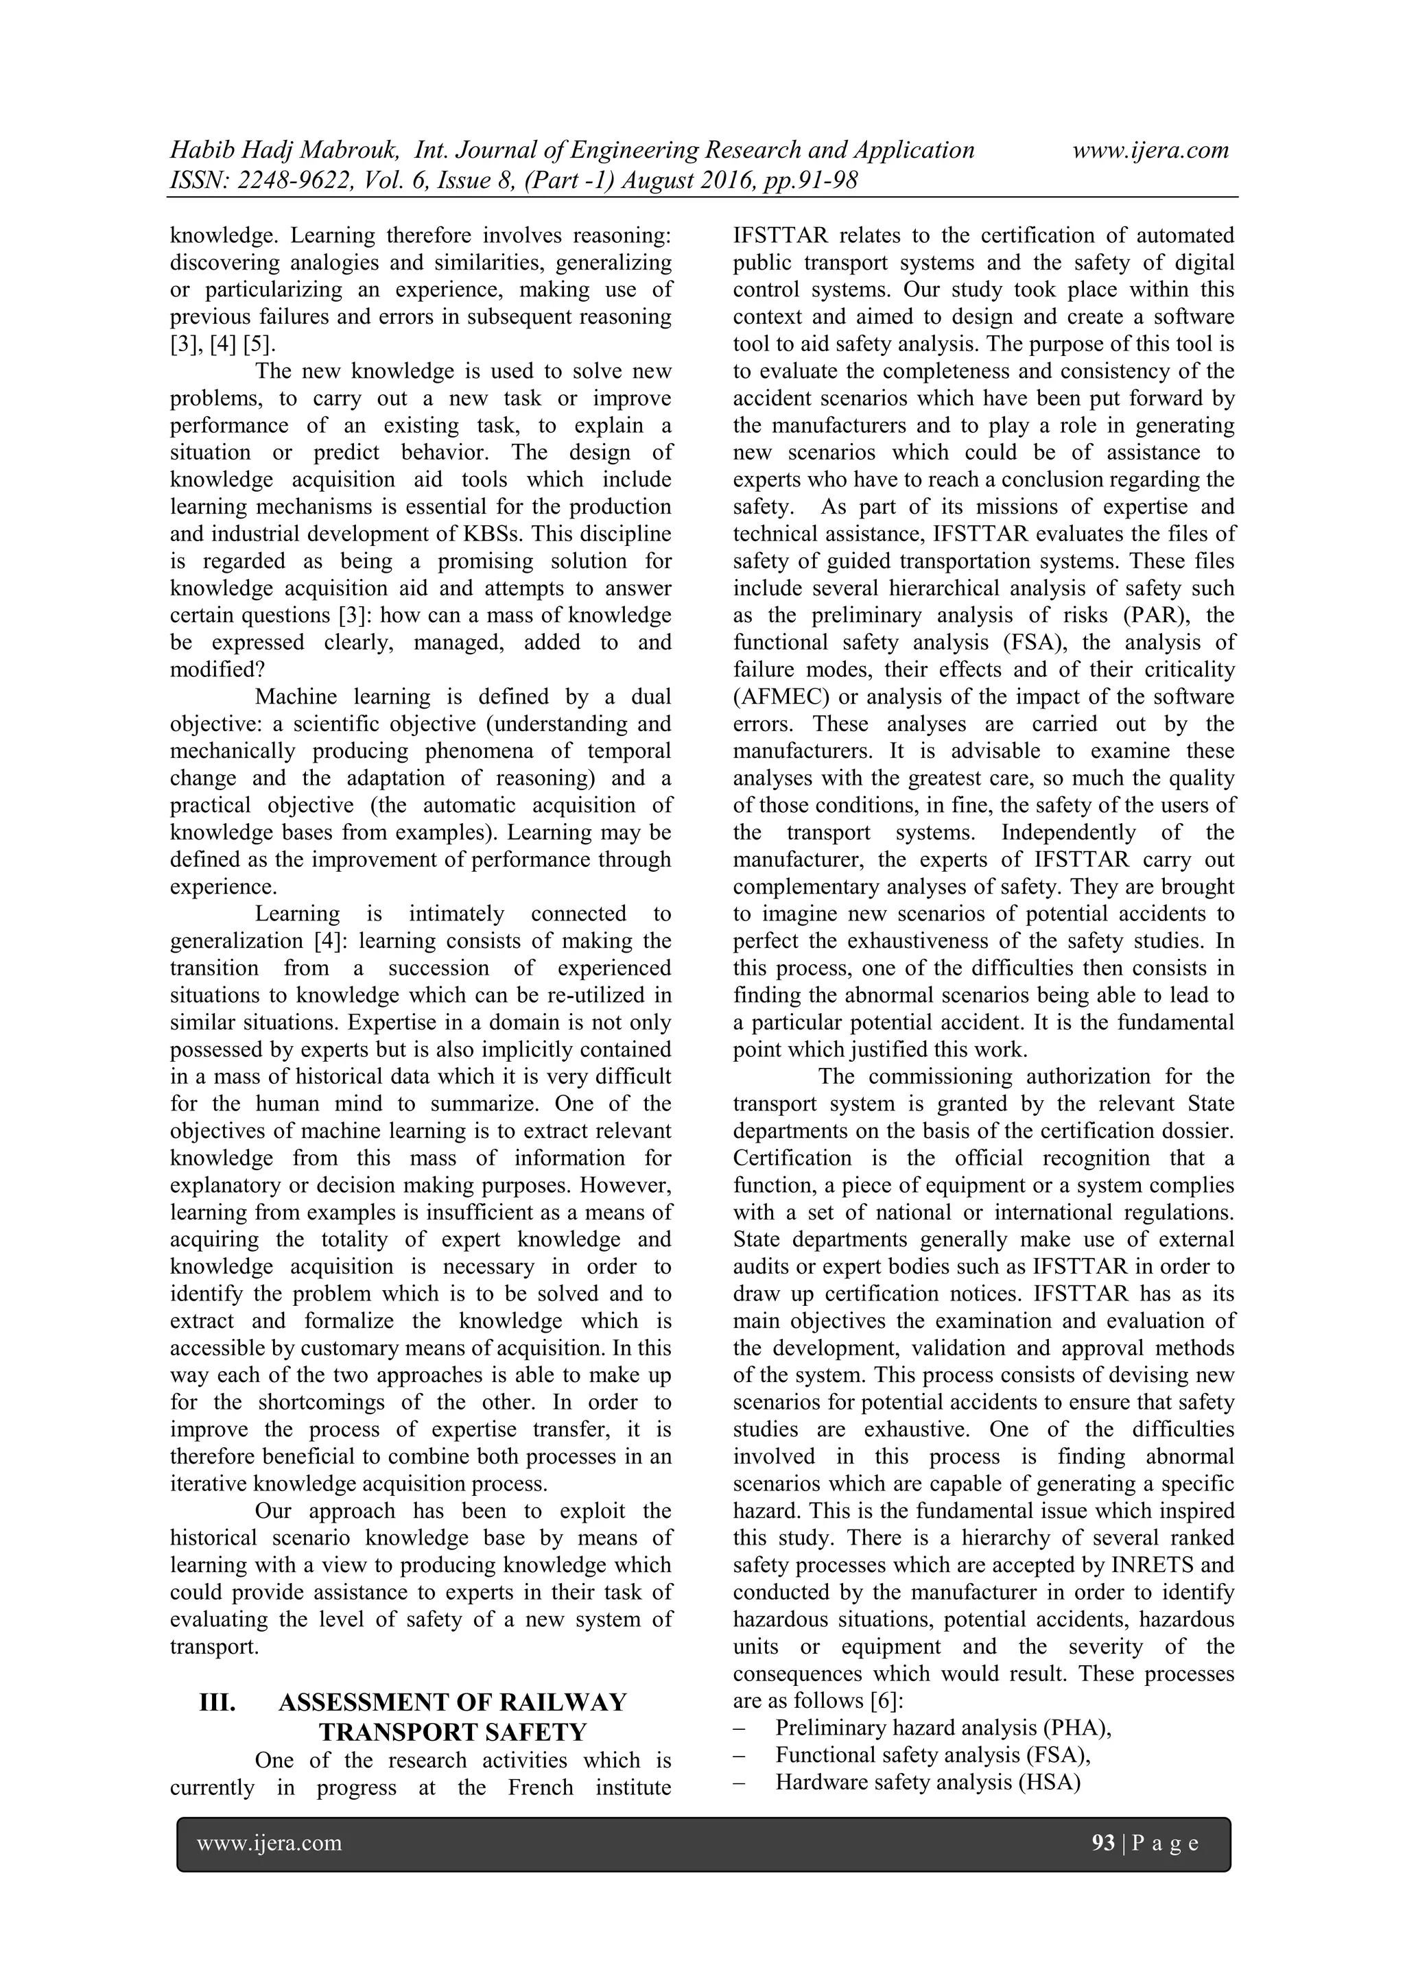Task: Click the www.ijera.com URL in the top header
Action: click(1150, 151)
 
